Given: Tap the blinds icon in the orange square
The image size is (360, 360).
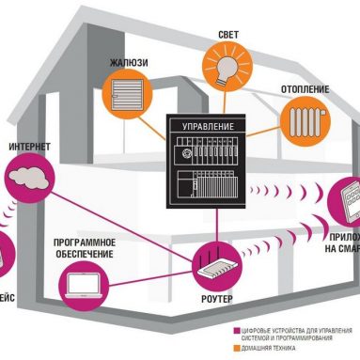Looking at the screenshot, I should pos(126,94).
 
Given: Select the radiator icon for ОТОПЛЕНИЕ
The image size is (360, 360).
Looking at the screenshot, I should pos(301,121).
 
